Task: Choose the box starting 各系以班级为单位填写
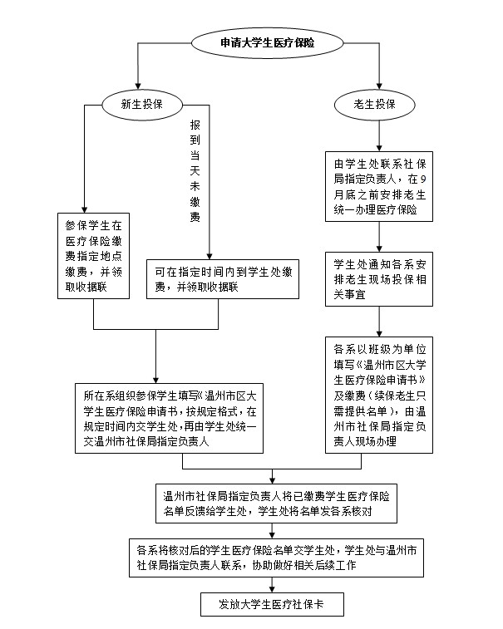[x=379, y=392]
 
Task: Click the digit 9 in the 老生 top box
[x=423, y=179]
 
